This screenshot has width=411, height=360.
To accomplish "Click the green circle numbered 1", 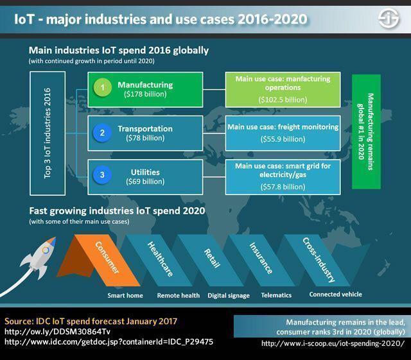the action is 103,87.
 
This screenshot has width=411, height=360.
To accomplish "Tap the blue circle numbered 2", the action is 102,133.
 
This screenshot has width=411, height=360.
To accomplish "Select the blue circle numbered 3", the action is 102,175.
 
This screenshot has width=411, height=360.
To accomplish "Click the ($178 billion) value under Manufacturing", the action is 145,94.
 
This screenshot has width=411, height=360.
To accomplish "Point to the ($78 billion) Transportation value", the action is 145,138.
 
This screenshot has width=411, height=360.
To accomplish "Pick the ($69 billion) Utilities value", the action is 145,182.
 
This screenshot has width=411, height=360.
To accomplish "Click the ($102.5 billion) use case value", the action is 283,99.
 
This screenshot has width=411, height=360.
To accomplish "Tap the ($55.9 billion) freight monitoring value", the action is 283,139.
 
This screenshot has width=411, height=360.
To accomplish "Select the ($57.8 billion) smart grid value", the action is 283,187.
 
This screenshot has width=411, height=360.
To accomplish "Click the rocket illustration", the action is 39,258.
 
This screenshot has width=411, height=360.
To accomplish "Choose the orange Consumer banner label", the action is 107,257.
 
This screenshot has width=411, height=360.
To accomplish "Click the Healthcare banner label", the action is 160,259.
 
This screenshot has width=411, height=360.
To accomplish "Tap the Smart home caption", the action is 125,296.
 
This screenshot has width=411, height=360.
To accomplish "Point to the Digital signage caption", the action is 229,296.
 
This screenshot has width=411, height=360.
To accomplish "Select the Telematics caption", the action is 276,295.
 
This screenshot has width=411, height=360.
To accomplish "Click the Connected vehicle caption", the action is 335,295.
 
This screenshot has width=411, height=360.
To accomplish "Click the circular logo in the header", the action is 389,19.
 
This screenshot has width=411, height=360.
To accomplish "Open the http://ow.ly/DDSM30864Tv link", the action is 57,332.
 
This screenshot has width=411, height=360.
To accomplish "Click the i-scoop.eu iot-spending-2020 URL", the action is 333,343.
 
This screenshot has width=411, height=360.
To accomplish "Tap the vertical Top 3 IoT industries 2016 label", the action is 47,133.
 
